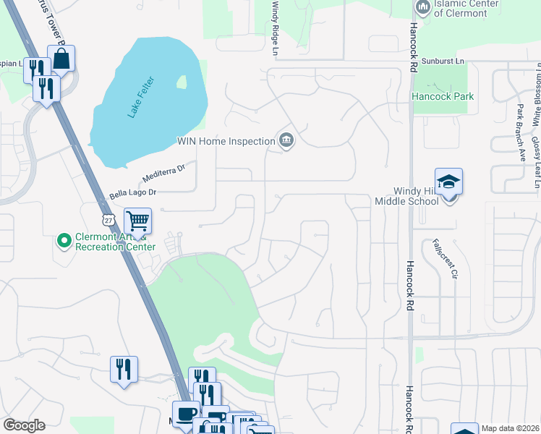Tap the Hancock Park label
point(442,96)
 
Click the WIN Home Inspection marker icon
point(286,140)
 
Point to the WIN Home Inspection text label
point(226,141)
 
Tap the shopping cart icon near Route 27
point(137,220)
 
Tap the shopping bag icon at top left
point(62,59)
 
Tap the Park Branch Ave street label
point(520,131)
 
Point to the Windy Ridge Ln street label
point(275,27)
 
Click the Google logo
point(24,425)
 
